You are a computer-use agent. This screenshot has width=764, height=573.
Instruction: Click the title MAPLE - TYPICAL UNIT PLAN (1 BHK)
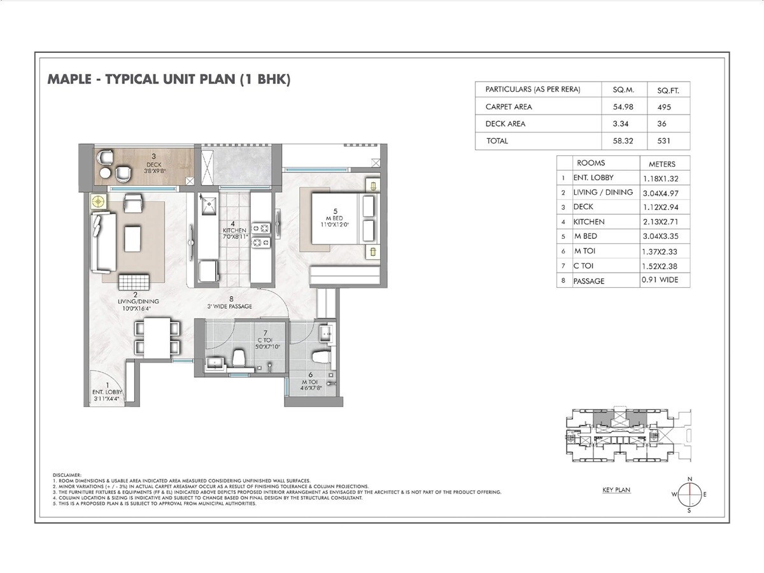click(x=169, y=80)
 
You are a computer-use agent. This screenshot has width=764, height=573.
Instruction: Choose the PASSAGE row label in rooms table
click(x=589, y=281)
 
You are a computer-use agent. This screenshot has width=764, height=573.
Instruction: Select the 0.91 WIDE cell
click(x=660, y=279)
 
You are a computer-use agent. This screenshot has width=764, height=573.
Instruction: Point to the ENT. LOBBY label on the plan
click(x=107, y=392)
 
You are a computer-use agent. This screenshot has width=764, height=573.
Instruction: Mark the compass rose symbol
click(x=688, y=494)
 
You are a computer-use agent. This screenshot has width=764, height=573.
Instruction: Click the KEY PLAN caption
click(x=616, y=490)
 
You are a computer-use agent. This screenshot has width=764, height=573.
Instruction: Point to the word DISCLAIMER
click(x=67, y=474)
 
